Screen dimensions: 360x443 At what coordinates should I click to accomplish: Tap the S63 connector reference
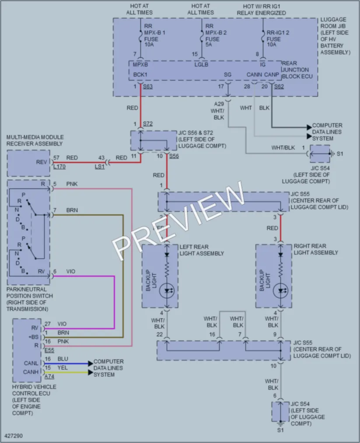[x=148, y=87]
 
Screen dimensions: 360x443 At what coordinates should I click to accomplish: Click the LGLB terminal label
[x=201, y=65]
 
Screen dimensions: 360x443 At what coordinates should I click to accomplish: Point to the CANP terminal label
[x=272, y=75]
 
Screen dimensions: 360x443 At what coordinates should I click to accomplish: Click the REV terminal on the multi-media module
[x=41, y=162]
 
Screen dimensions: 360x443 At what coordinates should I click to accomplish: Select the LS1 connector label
[x=99, y=167]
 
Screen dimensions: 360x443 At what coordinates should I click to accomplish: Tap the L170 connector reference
[x=59, y=167]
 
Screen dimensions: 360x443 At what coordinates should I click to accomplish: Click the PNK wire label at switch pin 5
[x=72, y=184]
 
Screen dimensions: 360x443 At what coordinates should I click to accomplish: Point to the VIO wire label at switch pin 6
[x=70, y=272]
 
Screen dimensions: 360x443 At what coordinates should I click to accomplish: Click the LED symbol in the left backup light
[x=167, y=291]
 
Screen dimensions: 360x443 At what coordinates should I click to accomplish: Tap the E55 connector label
[x=49, y=350]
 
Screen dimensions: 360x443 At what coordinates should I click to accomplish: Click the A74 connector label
[x=49, y=377]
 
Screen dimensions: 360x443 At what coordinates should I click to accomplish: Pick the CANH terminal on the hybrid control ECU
[x=31, y=372]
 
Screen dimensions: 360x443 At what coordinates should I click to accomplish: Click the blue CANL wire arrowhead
[x=91, y=363]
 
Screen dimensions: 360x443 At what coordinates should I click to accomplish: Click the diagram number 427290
[x=14, y=436]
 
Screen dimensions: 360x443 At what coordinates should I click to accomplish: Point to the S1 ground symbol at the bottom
[x=280, y=424]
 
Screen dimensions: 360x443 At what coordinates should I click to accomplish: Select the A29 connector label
[x=219, y=104]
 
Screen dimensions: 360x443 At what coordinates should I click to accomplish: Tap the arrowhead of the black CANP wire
[x=309, y=127]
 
